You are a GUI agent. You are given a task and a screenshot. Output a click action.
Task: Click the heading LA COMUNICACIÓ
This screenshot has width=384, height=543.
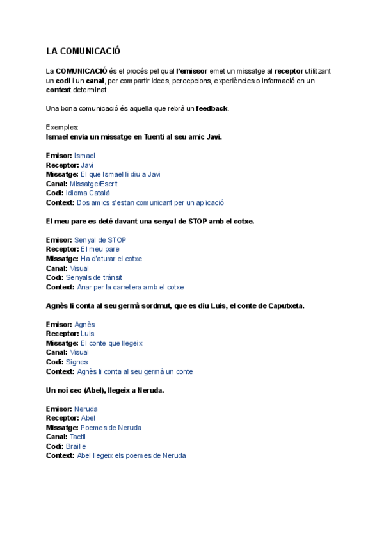click(x=83, y=51)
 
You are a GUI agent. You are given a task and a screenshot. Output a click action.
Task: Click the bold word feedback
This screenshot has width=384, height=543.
click(x=211, y=108)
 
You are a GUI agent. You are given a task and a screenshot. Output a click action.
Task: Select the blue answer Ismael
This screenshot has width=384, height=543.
click(x=84, y=156)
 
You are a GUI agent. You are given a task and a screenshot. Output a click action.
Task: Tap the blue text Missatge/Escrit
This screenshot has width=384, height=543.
click(x=93, y=184)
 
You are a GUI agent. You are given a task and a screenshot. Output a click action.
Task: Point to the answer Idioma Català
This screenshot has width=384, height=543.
click(x=88, y=193)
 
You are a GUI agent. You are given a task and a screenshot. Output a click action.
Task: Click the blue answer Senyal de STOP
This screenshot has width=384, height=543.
click(x=100, y=240)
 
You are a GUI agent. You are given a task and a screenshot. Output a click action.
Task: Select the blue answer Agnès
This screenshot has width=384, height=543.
click(x=84, y=325)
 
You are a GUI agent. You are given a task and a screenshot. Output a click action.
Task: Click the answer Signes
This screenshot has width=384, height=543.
click(x=77, y=362)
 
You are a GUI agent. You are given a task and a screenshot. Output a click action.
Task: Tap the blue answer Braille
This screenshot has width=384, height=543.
click(x=76, y=446)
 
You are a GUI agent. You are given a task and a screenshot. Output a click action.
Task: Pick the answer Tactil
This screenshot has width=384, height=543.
click(x=77, y=437)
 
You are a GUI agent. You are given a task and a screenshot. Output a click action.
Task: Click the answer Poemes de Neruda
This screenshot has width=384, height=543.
click(x=111, y=428)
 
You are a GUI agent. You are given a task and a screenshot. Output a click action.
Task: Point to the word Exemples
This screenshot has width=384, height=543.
click(x=62, y=127)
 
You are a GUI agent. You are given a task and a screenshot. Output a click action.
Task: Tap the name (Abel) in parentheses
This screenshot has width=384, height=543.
click(x=97, y=390)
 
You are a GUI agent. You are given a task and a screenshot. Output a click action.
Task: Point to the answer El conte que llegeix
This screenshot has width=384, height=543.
click(x=111, y=343)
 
